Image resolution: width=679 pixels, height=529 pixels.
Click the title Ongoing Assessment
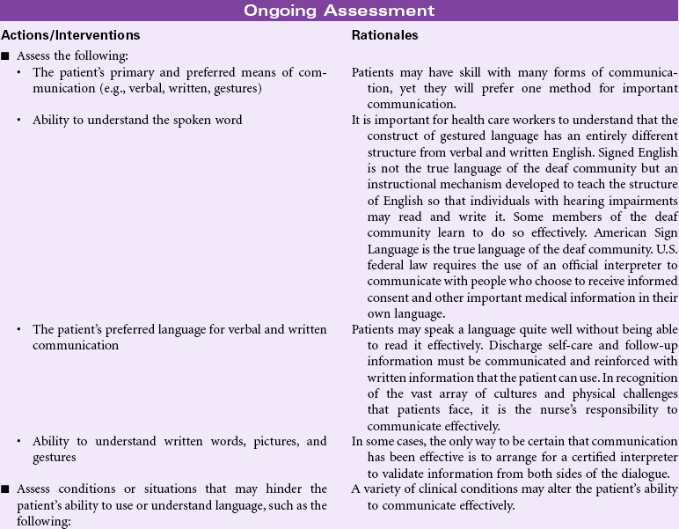[x=339, y=11]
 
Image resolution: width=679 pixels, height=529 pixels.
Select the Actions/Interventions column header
[x=70, y=35]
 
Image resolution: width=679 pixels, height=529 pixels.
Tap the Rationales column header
[x=384, y=35]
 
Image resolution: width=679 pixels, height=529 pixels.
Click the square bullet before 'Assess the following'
[x=5, y=56]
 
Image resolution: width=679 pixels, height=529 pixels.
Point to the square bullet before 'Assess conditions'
[x=5, y=489]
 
